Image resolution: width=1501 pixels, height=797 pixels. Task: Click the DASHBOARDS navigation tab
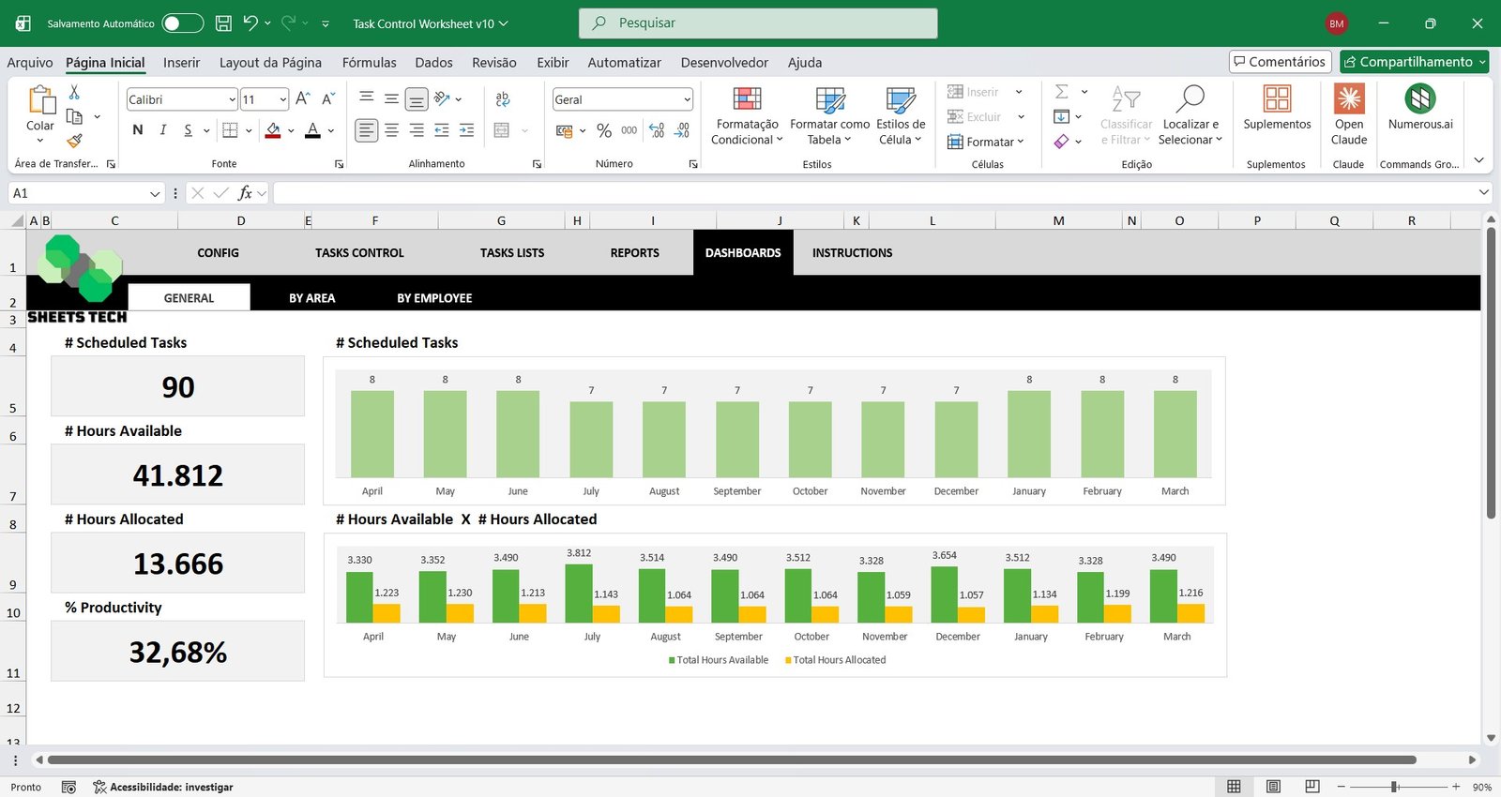coord(743,253)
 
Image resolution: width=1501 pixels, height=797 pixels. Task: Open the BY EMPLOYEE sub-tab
coord(434,298)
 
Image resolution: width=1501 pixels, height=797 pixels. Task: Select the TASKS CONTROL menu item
coord(359,253)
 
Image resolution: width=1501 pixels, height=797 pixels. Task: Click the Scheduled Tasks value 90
coord(178,387)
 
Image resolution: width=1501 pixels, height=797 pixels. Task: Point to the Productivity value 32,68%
coord(178,652)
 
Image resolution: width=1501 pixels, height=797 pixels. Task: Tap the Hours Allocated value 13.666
coord(178,564)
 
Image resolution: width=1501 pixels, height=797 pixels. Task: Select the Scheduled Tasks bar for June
coord(518,434)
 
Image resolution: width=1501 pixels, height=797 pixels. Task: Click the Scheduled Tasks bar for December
coord(956,440)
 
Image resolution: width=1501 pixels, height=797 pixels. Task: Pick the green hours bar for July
coord(579,593)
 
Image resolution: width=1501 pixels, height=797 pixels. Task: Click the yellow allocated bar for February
coord(1117,613)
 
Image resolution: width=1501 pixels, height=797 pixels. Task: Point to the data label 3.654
coord(945,555)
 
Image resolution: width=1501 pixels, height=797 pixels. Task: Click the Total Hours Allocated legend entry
coord(836,660)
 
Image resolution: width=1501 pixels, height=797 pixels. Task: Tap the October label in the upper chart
coord(811,491)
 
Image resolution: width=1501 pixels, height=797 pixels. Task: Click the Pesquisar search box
coord(758,23)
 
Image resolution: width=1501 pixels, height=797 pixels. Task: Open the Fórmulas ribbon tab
coord(369,63)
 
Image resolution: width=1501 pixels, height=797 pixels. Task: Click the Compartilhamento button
coord(1414,62)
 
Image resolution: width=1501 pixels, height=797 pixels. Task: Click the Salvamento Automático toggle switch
coord(183,23)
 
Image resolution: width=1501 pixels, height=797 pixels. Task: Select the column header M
coord(1058,221)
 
